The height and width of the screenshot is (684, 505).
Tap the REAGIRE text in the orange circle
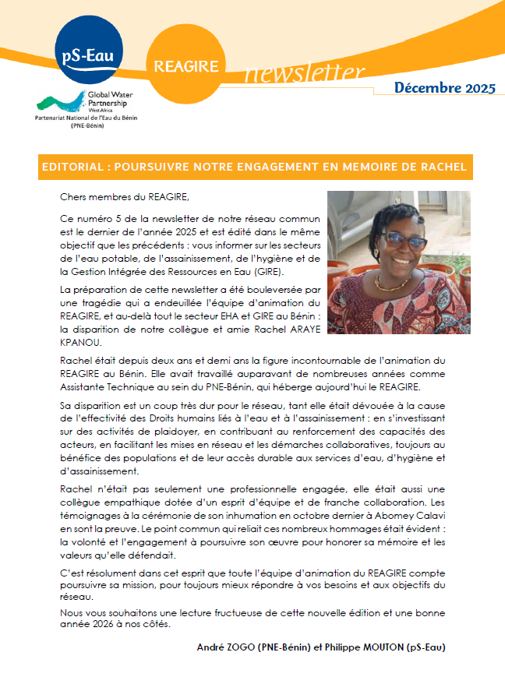coord(186,67)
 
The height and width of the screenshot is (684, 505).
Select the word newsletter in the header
coord(305,74)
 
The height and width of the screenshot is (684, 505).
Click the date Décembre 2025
coord(444,88)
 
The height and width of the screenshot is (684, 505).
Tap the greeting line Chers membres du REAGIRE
coord(124,196)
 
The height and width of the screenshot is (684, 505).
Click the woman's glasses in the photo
coord(405,241)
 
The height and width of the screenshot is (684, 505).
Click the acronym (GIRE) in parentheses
coord(267,271)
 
